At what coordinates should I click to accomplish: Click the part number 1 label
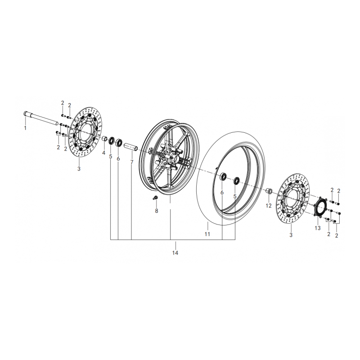[25, 128]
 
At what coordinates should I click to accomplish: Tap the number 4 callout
[103, 153]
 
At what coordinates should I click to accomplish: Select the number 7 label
[132, 161]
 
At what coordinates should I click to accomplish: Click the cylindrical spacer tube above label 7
[130, 147]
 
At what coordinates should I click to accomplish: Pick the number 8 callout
[157, 210]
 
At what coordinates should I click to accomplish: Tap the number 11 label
[207, 234]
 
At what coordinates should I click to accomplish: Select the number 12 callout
[268, 205]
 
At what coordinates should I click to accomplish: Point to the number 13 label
[318, 228]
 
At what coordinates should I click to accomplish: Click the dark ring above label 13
[320, 208]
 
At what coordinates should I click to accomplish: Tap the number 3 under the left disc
[79, 169]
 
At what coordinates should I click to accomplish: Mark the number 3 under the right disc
[291, 235]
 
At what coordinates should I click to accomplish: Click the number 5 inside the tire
[235, 196]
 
